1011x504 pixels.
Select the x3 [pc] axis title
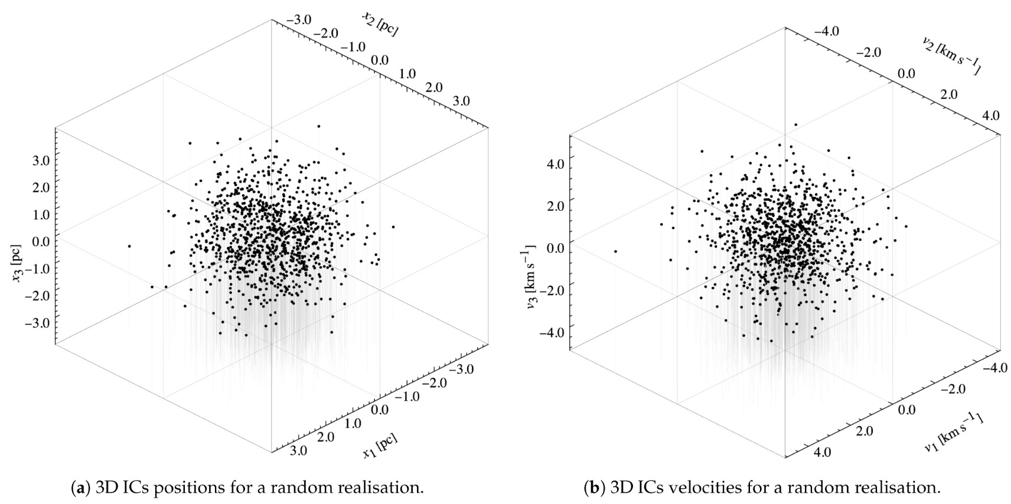coord(19,262)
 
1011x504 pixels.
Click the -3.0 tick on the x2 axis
coord(299,20)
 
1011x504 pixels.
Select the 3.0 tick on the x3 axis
coord(40,159)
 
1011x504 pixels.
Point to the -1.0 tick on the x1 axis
coord(407,397)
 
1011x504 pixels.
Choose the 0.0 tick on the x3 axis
coord(40,241)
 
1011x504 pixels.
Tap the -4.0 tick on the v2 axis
coord(825,31)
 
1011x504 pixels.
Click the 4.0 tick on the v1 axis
coord(822,453)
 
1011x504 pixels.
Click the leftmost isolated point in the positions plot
coord(129,246)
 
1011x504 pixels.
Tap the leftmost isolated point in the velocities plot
coord(615,251)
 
